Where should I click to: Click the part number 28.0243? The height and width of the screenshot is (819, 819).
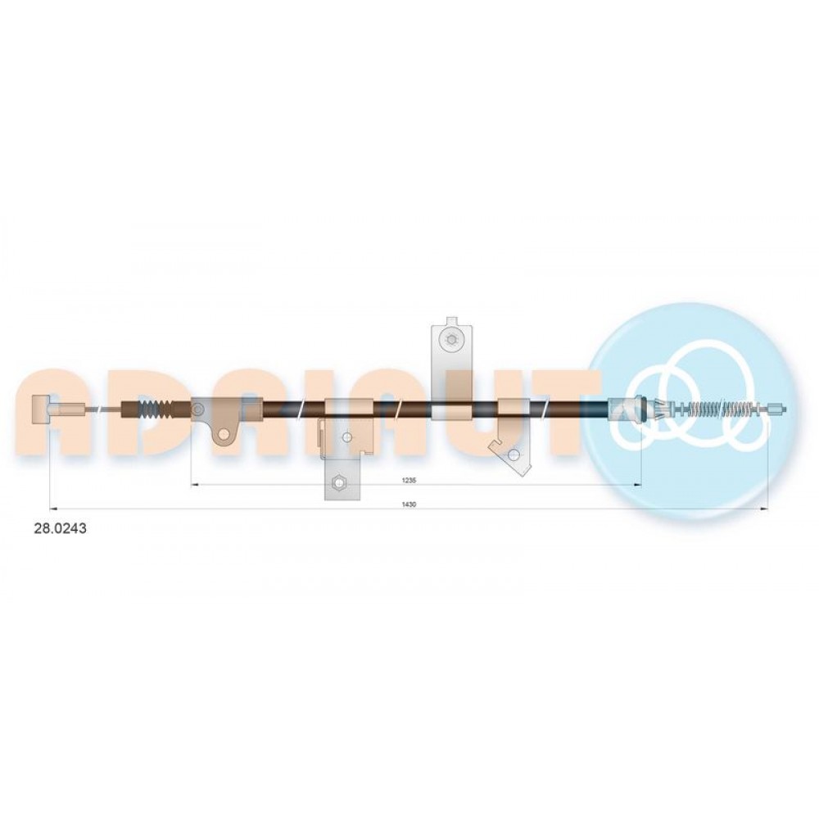[x=60, y=528]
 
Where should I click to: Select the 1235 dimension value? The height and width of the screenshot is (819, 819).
[x=409, y=479]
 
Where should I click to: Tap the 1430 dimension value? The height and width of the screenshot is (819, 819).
[x=409, y=504]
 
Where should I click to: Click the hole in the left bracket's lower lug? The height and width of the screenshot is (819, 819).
[x=224, y=433]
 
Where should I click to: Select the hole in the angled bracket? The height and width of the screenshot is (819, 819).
[x=514, y=454]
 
